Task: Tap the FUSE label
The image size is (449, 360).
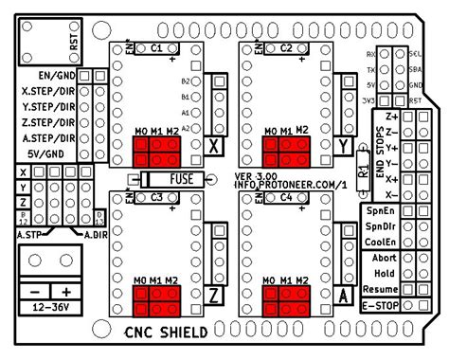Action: pos(184,178)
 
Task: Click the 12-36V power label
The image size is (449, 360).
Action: pos(51,309)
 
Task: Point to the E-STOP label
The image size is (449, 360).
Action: pos(380,304)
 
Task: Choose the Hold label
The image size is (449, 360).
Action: pos(383,273)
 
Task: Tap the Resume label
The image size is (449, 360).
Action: pos(379,288)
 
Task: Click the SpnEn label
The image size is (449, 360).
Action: pos(379,212)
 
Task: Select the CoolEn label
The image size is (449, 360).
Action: pos(379,243)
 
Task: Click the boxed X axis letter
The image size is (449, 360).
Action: pos(214,145)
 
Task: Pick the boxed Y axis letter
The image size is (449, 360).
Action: pos(342,145)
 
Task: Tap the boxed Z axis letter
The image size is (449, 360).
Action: pos(214,295)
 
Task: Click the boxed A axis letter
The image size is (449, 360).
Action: pos(342,295)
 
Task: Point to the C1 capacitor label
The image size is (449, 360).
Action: pos(157,46)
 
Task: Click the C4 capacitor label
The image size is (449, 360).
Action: pos(285,197)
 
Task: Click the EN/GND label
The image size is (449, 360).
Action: pos(58,75)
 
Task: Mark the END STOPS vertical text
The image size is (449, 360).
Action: pos(380,153)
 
